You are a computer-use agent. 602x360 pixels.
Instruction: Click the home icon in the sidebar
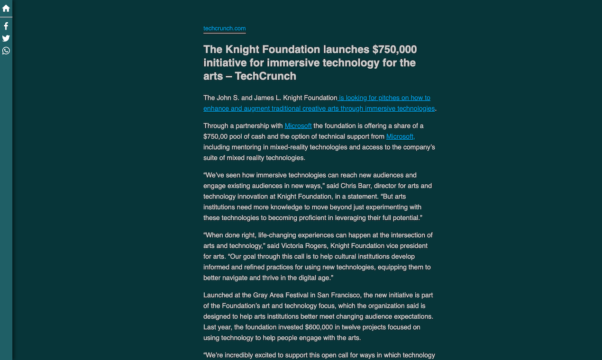pyautogui.click(x=6, y=8)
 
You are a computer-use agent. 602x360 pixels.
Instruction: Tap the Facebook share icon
pyautogui.click(x=6, y=26)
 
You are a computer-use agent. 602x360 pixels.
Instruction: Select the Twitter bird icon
pyautogui.click(x=6, y=38)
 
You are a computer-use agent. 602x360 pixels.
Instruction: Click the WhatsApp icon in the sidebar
pyautogui.click(x=6, y=51)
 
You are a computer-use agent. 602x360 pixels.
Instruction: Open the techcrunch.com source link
pyautogui.click(x=224, y=28)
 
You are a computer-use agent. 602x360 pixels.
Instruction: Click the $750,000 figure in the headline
pyautogui.click(x=394, y=50)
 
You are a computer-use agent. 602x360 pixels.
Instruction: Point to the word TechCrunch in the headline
pyautogui.click(x=265, y=76)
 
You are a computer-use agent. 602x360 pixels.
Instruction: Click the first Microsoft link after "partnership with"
pyautogui.click(x=298, y=126)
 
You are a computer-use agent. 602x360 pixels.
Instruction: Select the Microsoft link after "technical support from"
pyautogui.click(x=401, y=136)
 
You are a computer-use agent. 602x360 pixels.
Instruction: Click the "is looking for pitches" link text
pyautogui.click(x=384, y=98)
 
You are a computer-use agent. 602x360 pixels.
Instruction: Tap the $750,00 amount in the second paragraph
pyautogui.click(x=216, y=136)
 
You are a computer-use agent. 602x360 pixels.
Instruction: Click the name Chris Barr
pyautogui.click(x=355, y=186)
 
